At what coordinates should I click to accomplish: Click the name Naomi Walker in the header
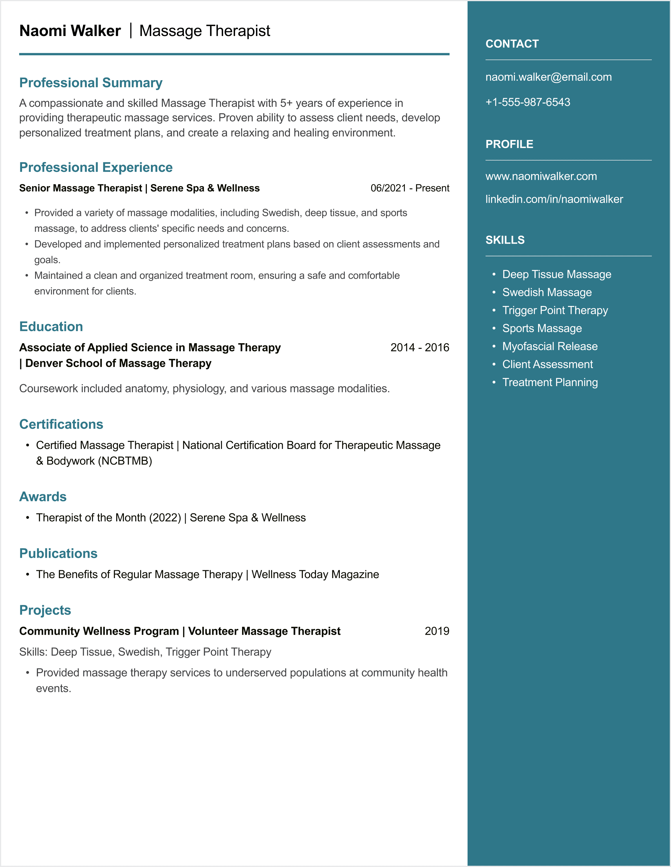point(70,31)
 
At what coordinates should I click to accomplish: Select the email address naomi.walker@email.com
point(549,77)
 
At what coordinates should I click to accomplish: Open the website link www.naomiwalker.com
point(541,176)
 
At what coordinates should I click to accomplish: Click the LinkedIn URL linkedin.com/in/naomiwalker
point(554,199)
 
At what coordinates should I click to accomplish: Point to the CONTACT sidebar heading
point(512,44)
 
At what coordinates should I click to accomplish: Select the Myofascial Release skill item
point(550,346)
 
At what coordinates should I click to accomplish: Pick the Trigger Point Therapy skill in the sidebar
point(555,310)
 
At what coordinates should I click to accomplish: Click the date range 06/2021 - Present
point(410,188)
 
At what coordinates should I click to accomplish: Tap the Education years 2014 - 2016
point(419,347)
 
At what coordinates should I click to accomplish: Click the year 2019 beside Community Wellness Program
point(436,631)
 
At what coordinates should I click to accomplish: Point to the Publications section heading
point(58,553)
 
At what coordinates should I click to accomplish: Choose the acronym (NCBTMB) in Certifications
point(125,461)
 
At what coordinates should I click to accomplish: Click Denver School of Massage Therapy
point(118,363)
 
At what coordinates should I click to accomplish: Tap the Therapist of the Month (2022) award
point(108,518)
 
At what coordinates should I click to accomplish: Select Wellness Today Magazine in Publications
point(315,574)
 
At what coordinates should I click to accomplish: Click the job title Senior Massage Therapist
point(81,188)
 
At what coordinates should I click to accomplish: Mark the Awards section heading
point(43,497)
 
